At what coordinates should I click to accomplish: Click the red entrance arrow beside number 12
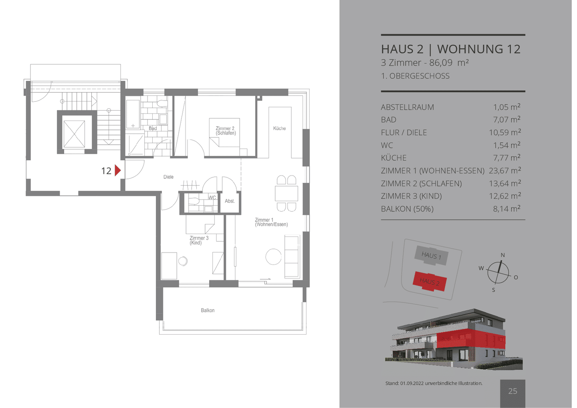pos(118,170)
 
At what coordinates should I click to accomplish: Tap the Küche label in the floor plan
pos(280,128)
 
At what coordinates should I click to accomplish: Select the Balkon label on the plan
pos(208,310)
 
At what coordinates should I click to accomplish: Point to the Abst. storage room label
pos(230,201)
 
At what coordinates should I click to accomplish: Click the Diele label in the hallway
pos(168,177)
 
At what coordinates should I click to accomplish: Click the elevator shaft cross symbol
pos(74,134)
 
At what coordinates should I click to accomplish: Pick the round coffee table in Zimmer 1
pos(274,257)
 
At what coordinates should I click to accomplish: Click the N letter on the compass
pos(502,255)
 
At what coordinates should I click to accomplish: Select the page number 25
pos(512,391)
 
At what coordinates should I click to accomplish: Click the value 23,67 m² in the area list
pos(505,170)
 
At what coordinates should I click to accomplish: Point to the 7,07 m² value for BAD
pos(506,119)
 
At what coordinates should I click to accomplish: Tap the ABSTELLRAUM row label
pos(408,107)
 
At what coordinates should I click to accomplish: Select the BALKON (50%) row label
pos(407,209)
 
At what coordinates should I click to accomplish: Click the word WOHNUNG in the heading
pos(470,49)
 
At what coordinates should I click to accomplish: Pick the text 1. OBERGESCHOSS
pos(415,76)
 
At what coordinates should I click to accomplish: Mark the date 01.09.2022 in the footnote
pos(412,383)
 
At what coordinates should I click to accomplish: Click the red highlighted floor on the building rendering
pos(471,339)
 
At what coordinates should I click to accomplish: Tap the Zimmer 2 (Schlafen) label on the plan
pos(226,131)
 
